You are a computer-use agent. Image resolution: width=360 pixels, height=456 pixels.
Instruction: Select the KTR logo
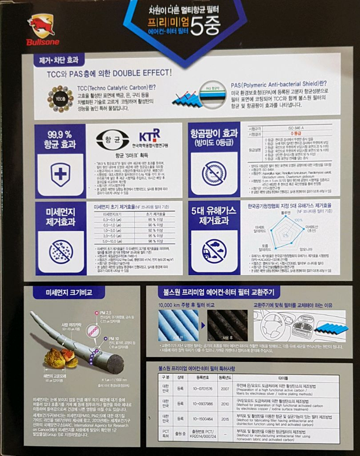tap(149, 135)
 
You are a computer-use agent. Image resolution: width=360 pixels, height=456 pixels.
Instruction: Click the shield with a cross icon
tap(60, 174)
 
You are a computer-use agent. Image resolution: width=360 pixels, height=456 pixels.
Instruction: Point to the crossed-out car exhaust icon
tap(214, 250)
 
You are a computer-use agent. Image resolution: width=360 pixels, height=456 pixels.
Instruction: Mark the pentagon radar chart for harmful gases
tap(287, 234)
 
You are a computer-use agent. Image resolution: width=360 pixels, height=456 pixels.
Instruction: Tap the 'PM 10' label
tap(113, 338)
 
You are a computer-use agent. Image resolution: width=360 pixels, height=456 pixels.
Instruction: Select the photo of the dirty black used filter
tap(227, 325)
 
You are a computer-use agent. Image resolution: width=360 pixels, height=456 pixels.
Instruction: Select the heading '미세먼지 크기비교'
tap(63, 292)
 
